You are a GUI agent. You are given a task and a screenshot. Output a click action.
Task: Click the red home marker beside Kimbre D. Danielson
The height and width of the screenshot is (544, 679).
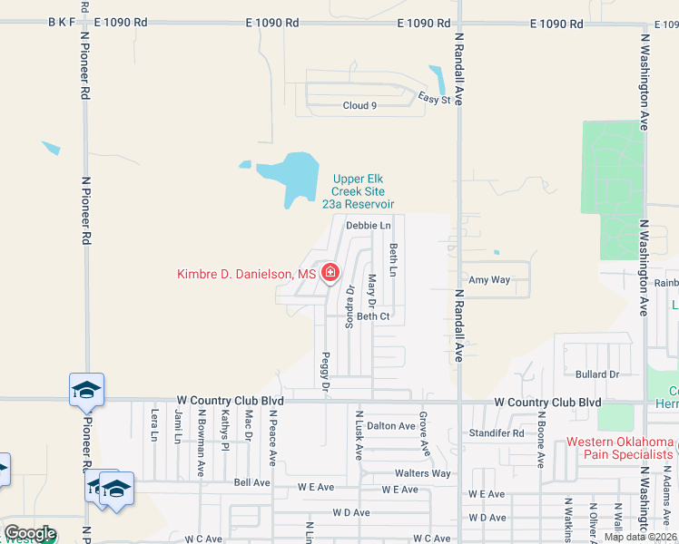pos(330,273)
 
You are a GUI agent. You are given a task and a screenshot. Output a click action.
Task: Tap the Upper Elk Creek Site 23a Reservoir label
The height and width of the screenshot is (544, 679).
pos(359,191)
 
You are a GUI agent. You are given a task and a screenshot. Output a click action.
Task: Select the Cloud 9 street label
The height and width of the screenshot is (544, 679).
pos(359,106)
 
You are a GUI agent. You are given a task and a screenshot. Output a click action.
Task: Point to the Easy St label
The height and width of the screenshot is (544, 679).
pos(434,99)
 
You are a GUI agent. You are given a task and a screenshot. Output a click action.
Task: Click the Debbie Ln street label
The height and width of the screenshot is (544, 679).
pos(368,225)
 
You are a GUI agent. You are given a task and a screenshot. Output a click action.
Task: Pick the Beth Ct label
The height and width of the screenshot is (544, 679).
pos(373,316)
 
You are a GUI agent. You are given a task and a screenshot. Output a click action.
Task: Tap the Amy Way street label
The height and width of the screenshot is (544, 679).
pos(488,280)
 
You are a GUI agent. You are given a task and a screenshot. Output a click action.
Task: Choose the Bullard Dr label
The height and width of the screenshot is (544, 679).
pos(596,374)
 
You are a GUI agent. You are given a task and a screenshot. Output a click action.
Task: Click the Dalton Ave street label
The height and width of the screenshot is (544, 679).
pos(391,425)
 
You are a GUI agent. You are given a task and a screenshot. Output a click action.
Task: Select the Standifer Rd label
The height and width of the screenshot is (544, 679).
pos(497,433)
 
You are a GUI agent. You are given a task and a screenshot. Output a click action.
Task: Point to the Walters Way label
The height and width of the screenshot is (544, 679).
pos(422,473)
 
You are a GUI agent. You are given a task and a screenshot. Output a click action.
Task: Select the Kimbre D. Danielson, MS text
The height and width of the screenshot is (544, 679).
pos(247,274)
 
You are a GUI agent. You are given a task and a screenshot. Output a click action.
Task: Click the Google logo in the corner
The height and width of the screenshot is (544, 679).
pos(30,533)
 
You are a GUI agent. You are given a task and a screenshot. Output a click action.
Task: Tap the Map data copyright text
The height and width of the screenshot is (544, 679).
pos(639,537)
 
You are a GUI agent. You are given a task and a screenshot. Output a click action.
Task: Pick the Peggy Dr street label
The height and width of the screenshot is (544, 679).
pos(325,372)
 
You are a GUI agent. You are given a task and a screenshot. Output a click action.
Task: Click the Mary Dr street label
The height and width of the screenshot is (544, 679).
pos(372,289)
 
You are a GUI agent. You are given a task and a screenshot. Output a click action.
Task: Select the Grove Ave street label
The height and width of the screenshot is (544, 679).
pos(423,433)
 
